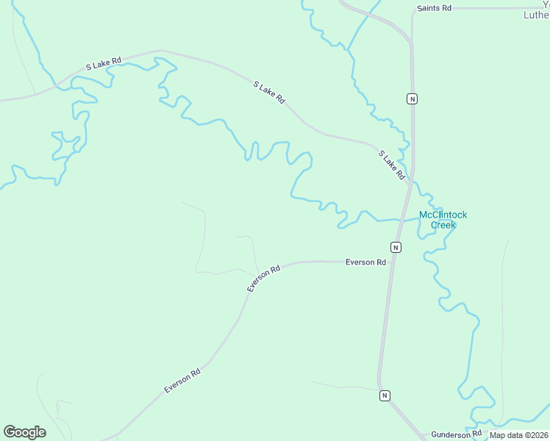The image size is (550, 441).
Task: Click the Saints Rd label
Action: (x=434, y=8)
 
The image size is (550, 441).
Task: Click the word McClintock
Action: (x=443, y=215)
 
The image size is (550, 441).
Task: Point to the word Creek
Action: (x=443, y=225)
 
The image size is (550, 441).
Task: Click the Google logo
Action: (x=24, y=432)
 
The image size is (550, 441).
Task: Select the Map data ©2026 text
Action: (x=518, y=435)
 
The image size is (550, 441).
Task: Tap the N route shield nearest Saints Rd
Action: (x=413, y=98)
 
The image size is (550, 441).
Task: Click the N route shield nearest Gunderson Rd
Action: (x=385, y=395)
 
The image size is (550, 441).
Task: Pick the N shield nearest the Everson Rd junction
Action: (x=396, y=247)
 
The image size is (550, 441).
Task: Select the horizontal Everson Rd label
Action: (x=365, y=262)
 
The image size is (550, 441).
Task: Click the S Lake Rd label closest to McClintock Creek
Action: (x=392, y=165)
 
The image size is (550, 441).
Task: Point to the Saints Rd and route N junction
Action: (x=413, y=10)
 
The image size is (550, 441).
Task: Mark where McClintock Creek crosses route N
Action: (x=404, y=218)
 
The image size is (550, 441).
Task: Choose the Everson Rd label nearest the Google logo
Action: (x=182, y=381)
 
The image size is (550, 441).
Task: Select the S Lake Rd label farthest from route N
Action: (x=103, y=62)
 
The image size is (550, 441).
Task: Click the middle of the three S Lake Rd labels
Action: (x=268, y=93)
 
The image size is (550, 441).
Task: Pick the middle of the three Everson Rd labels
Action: (x=264, y=279)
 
